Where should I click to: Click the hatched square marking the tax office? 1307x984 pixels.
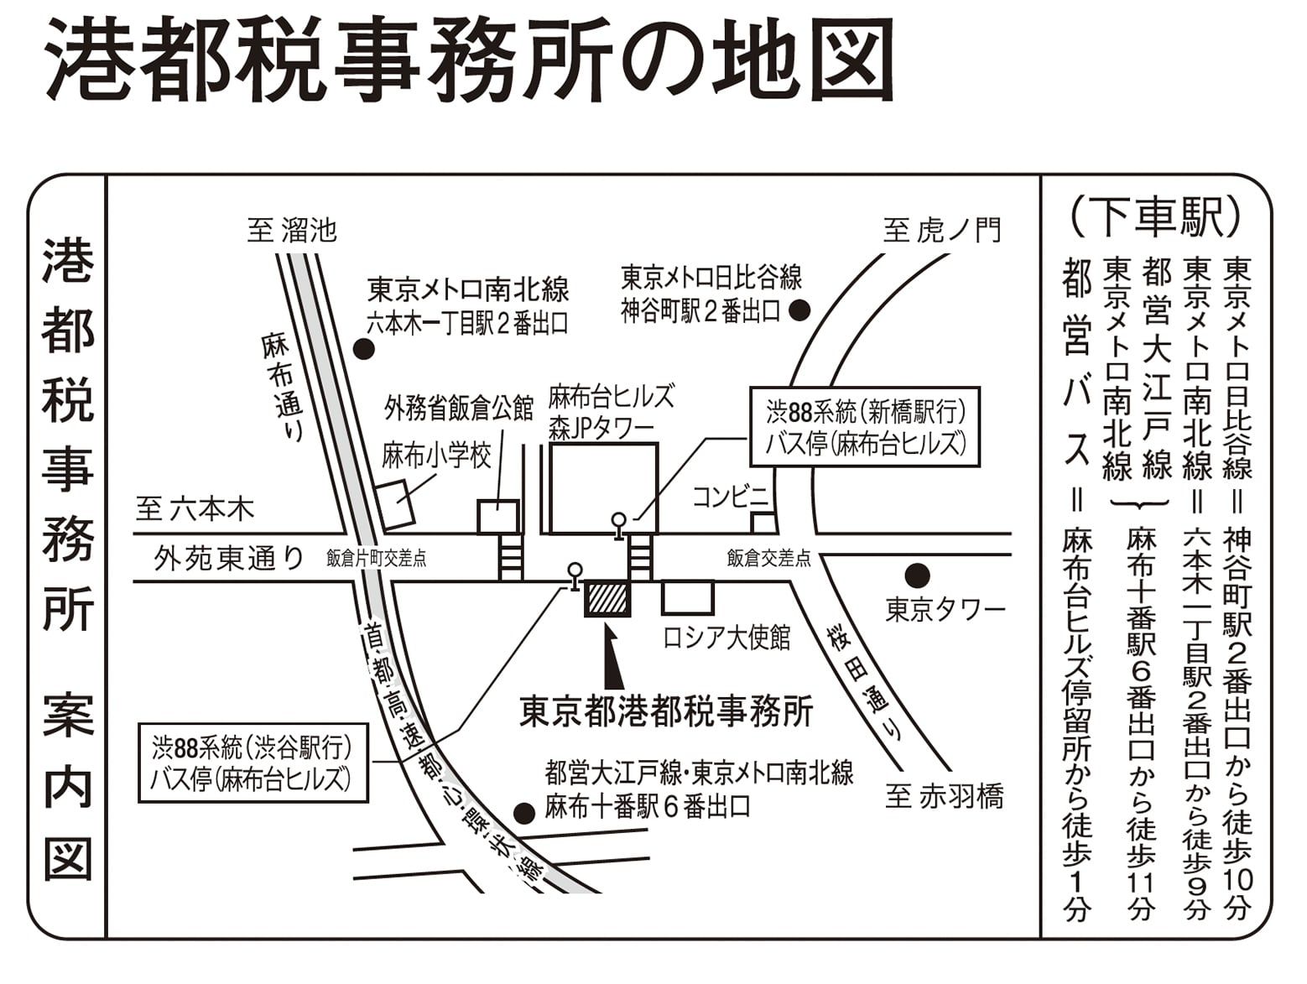click(x=607, y=598)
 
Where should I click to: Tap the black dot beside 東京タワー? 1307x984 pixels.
click(x=917, y=575)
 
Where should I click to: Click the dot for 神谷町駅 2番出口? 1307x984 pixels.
click(x=799, y=310)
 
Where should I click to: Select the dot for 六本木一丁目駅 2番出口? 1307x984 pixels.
click(x=364, y=349)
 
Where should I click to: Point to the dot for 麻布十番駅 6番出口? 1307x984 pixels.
click(x=524, y=813)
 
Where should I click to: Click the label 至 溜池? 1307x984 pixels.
click(x=292, y=231)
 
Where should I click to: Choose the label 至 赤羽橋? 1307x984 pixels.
click(x=945, y=796)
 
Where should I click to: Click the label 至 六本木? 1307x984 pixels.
click(x=195, y=509)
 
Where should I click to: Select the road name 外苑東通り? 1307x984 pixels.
click(x=229, y=558)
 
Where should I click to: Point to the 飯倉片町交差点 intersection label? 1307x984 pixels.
click(x=377, y=559)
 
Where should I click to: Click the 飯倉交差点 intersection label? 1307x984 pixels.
click(x=768, y=558)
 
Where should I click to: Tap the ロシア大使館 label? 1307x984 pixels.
click(x=727, y=638)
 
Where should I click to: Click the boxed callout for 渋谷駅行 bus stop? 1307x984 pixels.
click(x=253, y=763)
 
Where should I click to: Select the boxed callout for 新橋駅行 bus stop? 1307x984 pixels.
click(x=865, y=427)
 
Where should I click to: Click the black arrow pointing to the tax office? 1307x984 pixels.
click(x=612, y=656)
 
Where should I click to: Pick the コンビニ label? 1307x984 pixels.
click(x=732, y=497)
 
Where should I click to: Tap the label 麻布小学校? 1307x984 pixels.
click(x=437, y=456)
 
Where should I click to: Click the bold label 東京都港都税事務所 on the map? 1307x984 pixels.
click(x=666, y=712)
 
